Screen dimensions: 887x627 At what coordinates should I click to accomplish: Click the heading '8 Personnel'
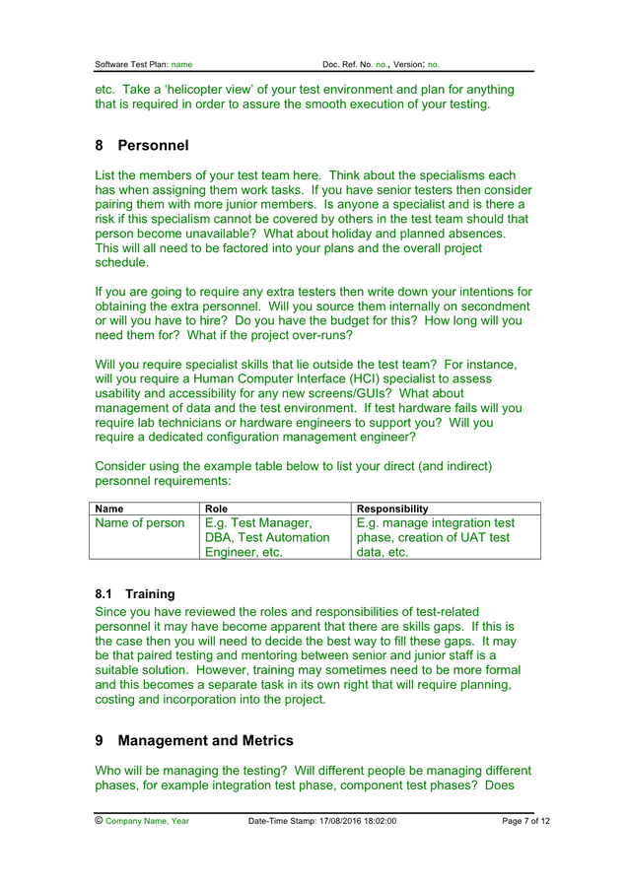coord(142,146)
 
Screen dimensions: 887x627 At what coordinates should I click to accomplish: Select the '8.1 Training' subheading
coord(135,594)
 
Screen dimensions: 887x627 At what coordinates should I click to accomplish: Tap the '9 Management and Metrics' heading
coord(194,740)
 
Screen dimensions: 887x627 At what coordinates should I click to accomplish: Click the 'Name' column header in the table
coord(108,509)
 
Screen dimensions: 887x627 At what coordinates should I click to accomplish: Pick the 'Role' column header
coord(216,509)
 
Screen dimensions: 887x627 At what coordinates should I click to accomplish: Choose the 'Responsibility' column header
coord(392,509)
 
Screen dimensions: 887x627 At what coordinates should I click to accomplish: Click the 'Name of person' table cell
coord(139,523)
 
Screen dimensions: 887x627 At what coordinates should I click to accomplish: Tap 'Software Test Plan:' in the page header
coord(131,64)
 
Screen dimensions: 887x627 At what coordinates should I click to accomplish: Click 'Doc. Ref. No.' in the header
coord(347,64)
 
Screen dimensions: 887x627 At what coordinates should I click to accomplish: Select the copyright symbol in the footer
coord(99,820)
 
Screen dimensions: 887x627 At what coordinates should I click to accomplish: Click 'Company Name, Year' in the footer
coord(147,821)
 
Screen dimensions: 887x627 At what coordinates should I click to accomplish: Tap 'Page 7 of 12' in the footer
coord(525,821)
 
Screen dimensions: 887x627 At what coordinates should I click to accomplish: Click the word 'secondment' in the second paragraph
coord(487,307)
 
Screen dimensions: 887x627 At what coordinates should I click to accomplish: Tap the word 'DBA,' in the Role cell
coord(221,538)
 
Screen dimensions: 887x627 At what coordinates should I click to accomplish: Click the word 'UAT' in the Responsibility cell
coord(474,538)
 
